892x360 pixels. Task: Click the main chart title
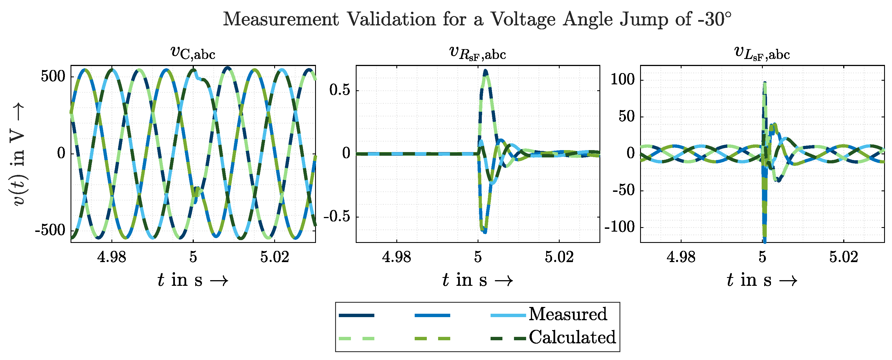[477, 19]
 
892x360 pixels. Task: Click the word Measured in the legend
[568, 314]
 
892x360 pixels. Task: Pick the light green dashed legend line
[356, 339]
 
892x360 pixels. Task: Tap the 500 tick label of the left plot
[53, 76]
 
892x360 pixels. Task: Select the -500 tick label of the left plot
[50, 230]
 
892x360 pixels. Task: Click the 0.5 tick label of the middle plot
[339, 90]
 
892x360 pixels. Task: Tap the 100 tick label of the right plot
[622, 80]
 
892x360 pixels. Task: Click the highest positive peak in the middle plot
[485, 72]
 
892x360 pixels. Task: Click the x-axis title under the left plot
[193, 280]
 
